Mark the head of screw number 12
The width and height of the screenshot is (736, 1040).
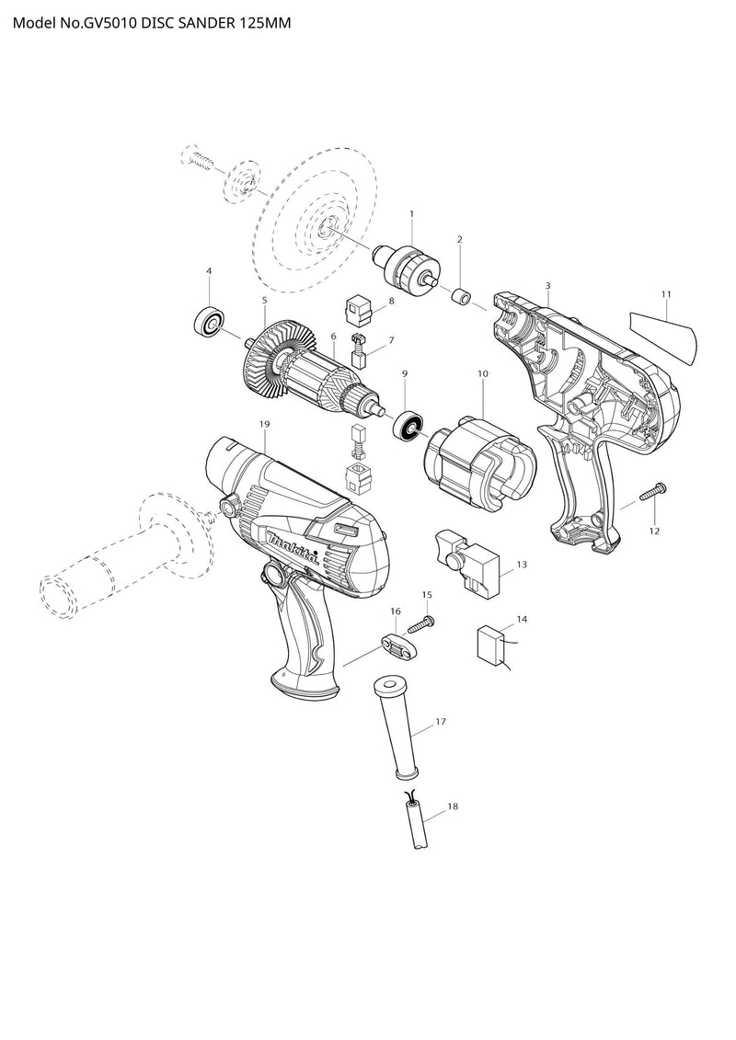pyautogui.click(x=661, y=489)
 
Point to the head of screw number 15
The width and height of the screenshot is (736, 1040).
pyautogui.click(x=430, y=621)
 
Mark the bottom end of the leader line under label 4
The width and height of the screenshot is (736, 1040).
pyautogui.click(x=209, y=306)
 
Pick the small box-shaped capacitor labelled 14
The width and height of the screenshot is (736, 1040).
pyautogui.click(x=490, y=644)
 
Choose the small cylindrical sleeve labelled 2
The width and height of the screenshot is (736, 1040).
pyautogui.click(x=460, y=296)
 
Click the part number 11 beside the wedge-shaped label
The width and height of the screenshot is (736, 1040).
pyautogui.click(x=666, y=294)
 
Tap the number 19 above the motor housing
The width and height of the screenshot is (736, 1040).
pyautogui.click(x=264, y=423)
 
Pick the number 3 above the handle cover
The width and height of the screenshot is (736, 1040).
pyautogui.click(x=547, y=285)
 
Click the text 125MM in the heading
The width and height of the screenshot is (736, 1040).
pyautogui.click(x=265, y=23)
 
